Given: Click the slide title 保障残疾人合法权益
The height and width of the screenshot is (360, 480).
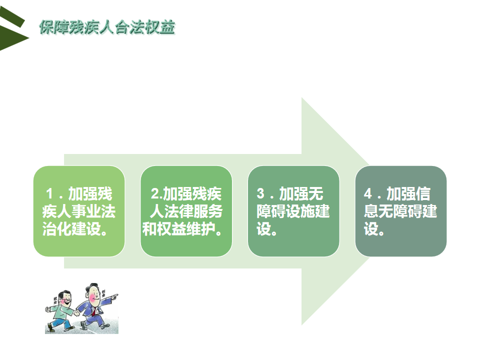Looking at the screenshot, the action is click(x=107, y=27).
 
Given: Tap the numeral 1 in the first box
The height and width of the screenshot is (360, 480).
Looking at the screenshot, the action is click(x=49, y=194).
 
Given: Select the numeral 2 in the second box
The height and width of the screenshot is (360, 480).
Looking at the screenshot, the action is click(x=155, y=194).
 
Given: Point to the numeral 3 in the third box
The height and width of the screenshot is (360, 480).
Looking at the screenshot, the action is click(x=260, y=194).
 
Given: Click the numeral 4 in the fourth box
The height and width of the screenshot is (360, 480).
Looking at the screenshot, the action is click(x=368, y=194).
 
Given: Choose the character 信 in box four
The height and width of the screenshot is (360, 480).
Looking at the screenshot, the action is click(x=423, y=194).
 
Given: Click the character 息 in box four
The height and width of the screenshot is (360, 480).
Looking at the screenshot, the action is click(x=371, y=211).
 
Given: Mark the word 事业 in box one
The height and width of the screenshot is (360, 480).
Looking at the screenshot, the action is click(x=86, y=211).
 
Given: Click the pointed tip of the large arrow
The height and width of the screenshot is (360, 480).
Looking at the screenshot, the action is click(x=370, y=211).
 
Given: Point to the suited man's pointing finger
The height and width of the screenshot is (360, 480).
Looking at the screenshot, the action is click(x=115, y=295).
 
